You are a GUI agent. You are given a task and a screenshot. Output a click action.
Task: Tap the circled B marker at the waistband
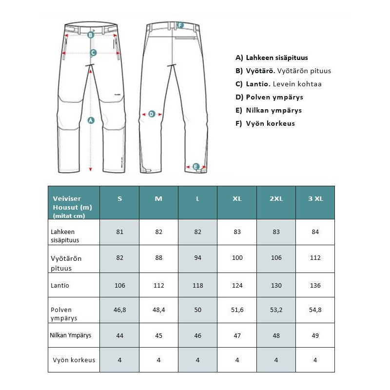pos(91,35)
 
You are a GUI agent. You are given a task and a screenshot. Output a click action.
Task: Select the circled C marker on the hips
pos(93,52)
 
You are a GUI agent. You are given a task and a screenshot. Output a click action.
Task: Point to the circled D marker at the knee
pos(152,114)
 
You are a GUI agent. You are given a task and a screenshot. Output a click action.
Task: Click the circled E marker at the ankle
pos(195,167)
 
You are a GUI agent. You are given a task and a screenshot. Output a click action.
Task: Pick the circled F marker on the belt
pos(180,25)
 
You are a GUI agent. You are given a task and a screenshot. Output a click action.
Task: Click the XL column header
pos(237,198)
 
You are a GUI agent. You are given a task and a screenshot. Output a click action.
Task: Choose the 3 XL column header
pos(315,198)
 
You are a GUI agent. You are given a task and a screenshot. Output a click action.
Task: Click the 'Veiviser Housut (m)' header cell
pos(73,202)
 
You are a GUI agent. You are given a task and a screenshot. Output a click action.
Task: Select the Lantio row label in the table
pos(60,285)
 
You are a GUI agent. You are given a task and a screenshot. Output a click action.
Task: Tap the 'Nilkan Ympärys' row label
pos(71,335)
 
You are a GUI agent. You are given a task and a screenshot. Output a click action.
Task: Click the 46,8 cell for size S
pos(119,310)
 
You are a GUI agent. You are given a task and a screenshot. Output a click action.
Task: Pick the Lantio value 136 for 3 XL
pos(315,285)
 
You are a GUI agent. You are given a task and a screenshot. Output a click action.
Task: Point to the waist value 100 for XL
pos(237,257)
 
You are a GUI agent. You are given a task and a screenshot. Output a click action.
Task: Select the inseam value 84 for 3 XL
pos(315,232)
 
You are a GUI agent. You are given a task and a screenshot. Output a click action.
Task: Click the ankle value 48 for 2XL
pos(276,335)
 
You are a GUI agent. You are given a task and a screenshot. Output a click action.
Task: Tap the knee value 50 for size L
pos(197,310)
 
